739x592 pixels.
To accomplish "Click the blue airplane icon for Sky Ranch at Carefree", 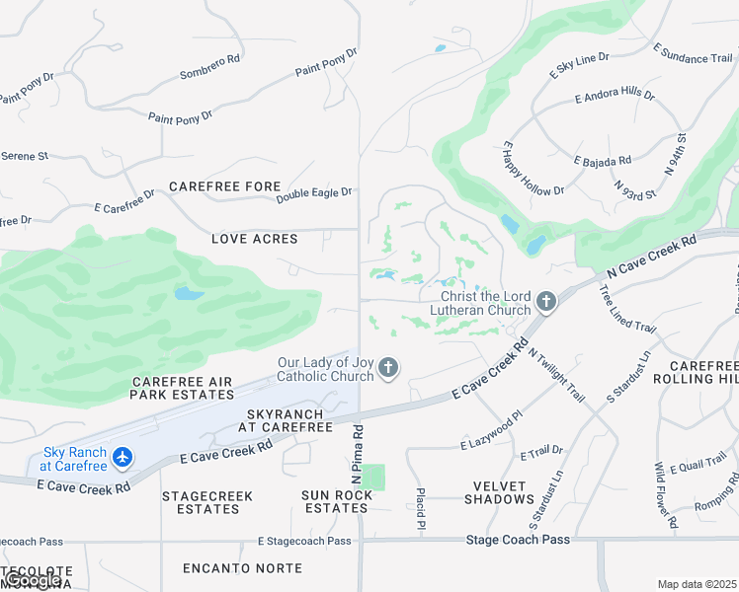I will click(x=122, y=458).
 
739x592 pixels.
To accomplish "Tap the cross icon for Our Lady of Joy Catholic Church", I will click(x=388, y=369).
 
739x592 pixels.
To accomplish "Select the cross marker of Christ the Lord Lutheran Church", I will click(x=546, y=303).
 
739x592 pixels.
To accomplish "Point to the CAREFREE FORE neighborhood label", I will click(x=225, y=186).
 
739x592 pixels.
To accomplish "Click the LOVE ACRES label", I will click(x=255, y=238).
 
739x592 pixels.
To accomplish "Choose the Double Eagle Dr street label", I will click(x=314, y=195).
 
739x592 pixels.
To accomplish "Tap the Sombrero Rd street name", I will click(x=209, y=67).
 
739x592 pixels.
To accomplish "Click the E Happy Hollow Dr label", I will click(x=533, y=168).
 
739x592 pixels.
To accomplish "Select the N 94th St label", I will click(x=676, y=154).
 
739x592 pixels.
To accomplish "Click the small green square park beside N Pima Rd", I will click(x=372, y=478).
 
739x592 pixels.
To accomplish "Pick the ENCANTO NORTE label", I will click(x=227, y=568).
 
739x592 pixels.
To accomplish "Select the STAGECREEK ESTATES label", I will click(x=207, y=502).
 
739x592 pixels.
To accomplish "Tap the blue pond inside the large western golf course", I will click(x=189, y=293).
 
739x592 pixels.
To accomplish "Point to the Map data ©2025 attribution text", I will click(x=697, y=584).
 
